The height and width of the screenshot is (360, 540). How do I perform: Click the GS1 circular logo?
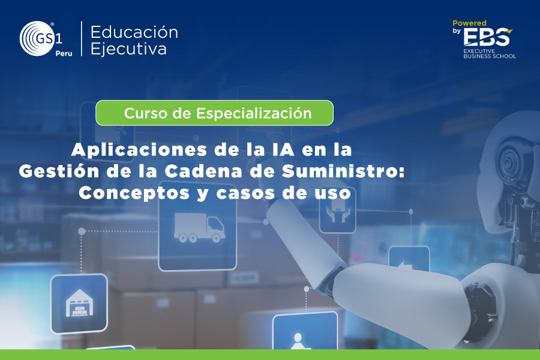37,38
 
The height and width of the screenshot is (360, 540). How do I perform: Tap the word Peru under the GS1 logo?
64,53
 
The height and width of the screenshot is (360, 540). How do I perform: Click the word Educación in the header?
134,32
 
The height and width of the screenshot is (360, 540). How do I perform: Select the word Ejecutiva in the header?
128,49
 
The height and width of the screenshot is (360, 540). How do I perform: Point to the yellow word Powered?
469,23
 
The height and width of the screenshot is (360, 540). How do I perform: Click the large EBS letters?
487,37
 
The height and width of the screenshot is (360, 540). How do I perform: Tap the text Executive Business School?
490,53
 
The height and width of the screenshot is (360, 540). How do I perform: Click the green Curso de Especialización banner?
215,113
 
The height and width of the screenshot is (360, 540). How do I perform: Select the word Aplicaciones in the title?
139,150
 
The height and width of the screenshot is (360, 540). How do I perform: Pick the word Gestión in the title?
59,171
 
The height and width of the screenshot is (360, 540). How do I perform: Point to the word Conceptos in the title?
134,193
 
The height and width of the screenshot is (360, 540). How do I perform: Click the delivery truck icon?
199,227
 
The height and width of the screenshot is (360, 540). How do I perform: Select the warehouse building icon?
79,303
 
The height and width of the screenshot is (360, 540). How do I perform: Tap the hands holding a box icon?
337,211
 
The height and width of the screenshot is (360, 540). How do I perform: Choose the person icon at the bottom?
297,341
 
